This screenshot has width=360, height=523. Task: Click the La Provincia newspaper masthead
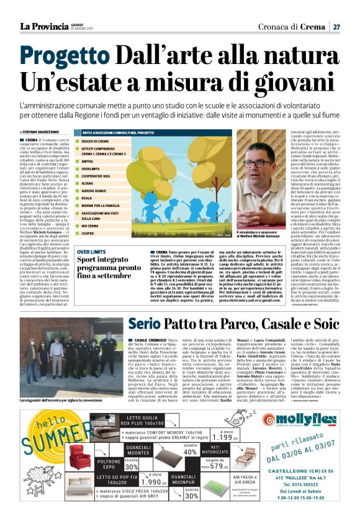tap(44, 26)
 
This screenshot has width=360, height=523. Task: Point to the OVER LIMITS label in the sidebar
tap(92, 253)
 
